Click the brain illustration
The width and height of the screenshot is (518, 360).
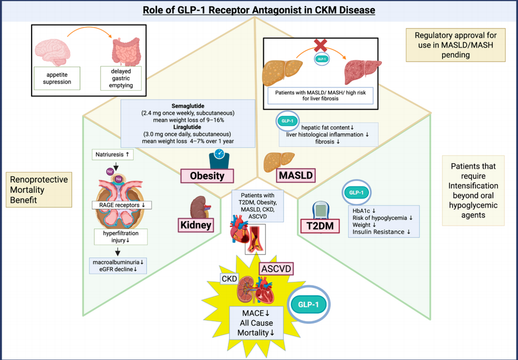[52, 49]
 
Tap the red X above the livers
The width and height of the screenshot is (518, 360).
[320, 45]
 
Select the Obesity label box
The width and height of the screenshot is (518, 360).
[207, 176]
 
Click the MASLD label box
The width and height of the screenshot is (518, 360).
[295, 176]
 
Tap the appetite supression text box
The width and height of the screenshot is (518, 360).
[57, 78]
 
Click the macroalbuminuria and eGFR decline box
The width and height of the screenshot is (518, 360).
[116, 266]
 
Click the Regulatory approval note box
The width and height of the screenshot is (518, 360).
[456, 44]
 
